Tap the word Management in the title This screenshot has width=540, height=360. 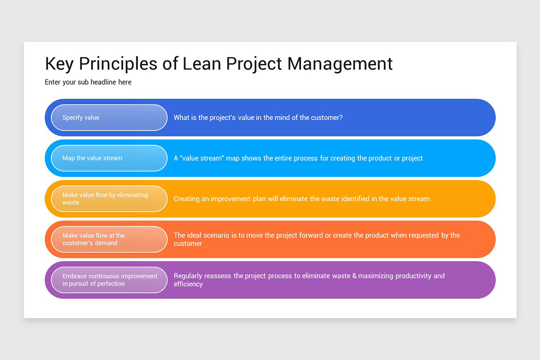[340, 63]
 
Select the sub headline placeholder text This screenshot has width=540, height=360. [88, 82]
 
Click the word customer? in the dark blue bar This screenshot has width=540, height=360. [327, 117]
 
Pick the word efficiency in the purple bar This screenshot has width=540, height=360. [188, 284]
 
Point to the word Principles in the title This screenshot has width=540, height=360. [119, 63]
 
